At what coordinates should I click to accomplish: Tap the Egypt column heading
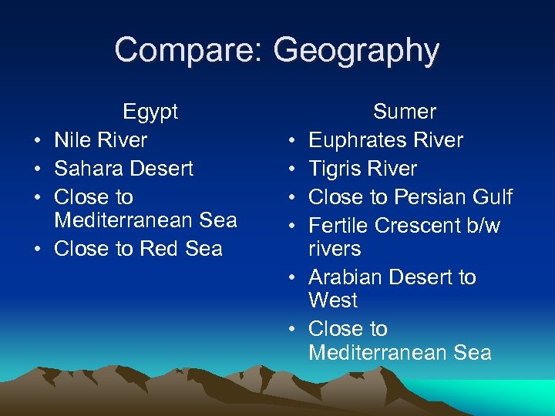[150, 112]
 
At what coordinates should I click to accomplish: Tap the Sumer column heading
[405, 112]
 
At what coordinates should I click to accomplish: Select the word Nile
[73, 140]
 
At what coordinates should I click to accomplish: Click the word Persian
[432, 197]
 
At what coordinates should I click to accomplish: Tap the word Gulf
[493, 197]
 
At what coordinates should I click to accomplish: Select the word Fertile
[338, 226]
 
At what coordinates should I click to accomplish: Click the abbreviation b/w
[481, 226]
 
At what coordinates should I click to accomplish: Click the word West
[333, 300]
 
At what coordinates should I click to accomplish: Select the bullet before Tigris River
[293, 169]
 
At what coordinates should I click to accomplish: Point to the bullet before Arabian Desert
[293, 278]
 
